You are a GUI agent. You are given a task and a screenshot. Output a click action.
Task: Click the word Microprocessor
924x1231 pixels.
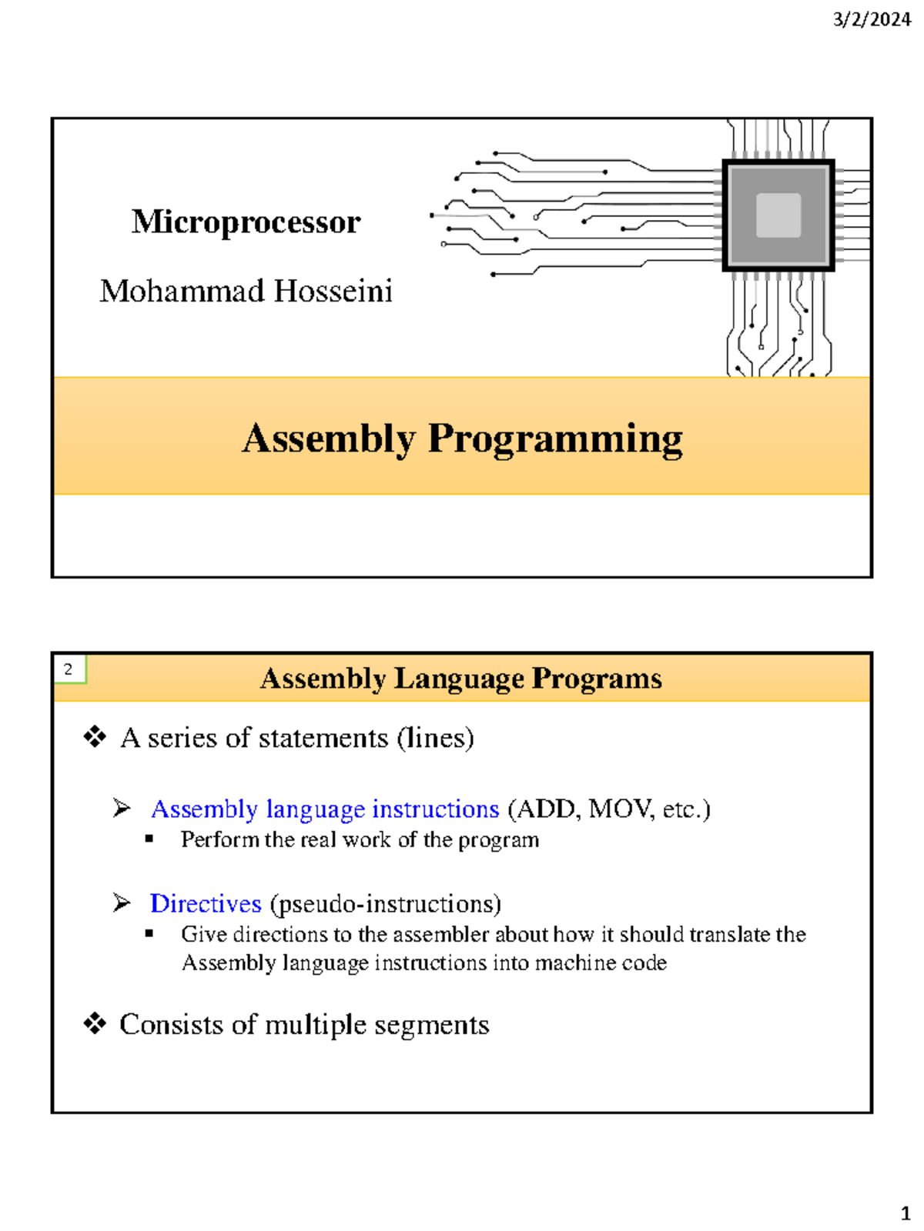coord(246,222)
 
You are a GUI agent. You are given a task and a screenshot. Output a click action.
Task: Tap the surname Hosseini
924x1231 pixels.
coord(333,292)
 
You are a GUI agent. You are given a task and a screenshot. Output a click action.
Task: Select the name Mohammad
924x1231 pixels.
coord(182,292)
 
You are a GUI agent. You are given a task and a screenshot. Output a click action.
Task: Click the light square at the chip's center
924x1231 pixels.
coord(778,215)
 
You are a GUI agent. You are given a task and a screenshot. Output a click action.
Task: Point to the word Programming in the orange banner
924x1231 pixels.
coord(554,439)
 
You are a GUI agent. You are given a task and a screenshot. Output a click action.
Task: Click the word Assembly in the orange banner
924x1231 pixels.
coord(329,439)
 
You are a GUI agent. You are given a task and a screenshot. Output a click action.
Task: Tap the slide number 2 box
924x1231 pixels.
coord(69,669)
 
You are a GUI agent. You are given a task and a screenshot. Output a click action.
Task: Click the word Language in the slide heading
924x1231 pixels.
coord(459,679)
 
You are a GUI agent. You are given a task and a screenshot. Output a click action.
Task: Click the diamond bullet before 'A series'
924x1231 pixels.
coord(95,737)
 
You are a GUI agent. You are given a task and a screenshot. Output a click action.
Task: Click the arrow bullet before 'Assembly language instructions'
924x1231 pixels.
coord(122,808)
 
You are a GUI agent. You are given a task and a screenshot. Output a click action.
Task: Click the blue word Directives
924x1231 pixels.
coord(206,903)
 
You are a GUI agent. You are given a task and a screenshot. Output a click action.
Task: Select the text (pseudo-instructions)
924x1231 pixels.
coord(386,904)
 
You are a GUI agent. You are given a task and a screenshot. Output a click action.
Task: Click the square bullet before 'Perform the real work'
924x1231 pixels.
coord(149,839)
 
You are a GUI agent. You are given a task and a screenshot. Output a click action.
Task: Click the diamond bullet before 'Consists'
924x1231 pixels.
coord(95,1024)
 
